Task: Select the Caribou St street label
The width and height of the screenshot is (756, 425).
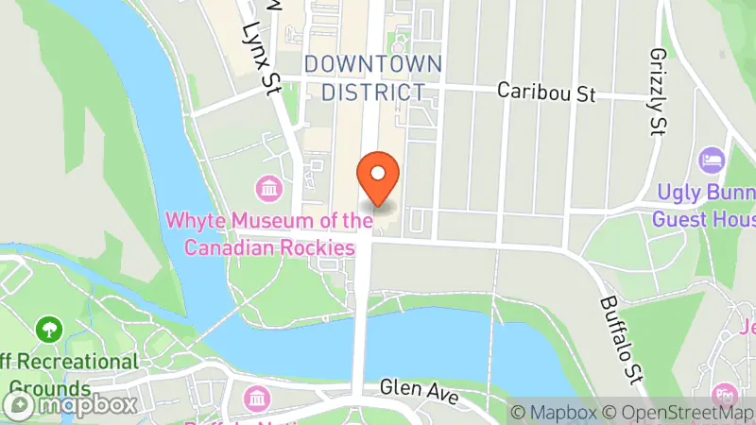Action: (x=548, y=93)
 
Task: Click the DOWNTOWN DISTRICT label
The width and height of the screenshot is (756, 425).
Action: (x=372, y=78)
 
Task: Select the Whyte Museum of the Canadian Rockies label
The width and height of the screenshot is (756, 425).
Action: (x=268, y=234)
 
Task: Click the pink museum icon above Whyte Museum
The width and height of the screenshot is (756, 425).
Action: (x=269, y=187)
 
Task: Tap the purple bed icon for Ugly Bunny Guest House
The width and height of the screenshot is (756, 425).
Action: (x=712, y=160)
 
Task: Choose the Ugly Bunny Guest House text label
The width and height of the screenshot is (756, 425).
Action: (x=704, y=207)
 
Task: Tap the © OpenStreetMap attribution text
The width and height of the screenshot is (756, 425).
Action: (x=680, y=413)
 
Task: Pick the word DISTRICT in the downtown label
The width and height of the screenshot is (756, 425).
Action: (x=372, y=92)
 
